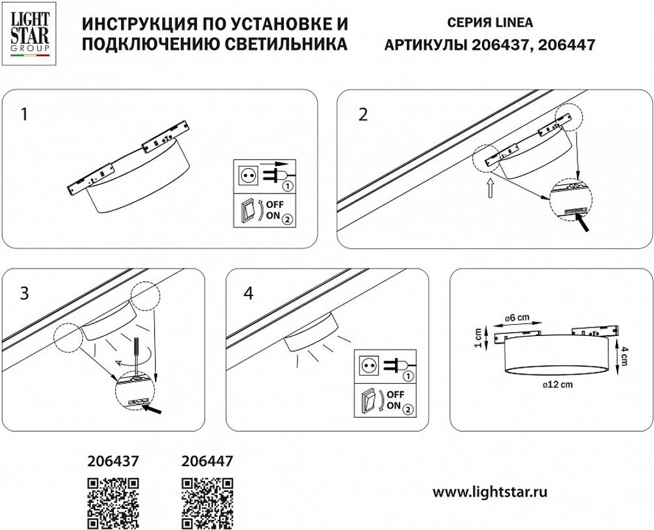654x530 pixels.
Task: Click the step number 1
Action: [24, 115]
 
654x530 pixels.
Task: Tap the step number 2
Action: [364, 115]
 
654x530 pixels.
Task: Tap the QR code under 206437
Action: [113, 502]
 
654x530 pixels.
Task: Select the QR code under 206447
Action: [206, 502]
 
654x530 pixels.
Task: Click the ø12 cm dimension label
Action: [557, 385]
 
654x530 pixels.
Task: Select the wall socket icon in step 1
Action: [249, 176]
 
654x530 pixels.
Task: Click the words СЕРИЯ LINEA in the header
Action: [490, 22]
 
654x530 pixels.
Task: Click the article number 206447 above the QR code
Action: [206, 461]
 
